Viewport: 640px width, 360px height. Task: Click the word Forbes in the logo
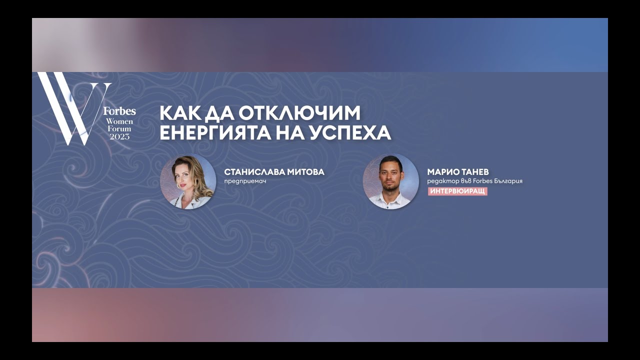point(119,111)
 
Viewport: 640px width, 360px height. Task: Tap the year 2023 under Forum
point(119,136)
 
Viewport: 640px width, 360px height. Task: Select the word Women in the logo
point(119,121)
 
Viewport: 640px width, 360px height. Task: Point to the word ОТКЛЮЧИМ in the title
point(299,113)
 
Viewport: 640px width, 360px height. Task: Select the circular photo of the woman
point(188,181)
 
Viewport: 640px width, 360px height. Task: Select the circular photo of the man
point(390,181)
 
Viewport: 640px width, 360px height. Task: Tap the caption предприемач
point(245,181)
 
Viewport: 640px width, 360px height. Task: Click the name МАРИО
point(442,172)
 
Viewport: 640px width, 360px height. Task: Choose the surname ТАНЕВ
point(474,172)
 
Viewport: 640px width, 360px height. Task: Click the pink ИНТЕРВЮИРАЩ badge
point(457,191)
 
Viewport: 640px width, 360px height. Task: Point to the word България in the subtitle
point(507,181)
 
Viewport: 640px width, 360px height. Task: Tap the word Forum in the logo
point(119,129)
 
